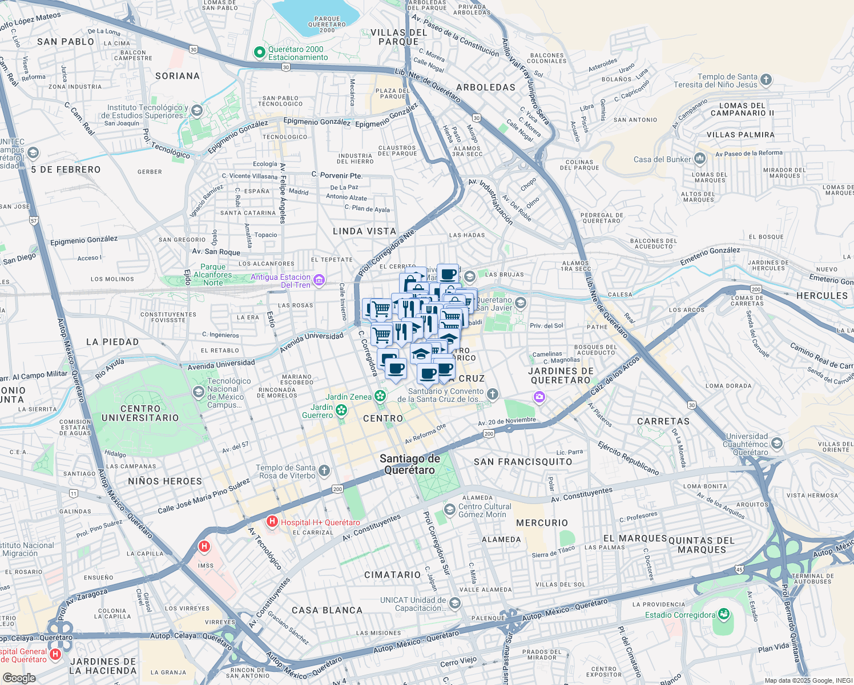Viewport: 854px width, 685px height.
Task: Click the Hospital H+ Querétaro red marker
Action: tap(272, 522)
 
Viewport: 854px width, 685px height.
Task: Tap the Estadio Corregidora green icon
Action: tap(724, 615)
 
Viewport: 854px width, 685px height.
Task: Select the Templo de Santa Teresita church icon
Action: tap(766, 80)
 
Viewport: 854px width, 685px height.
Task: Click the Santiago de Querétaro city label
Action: tap(410, 464)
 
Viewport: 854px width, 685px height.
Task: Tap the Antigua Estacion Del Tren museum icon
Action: tap(319, 280)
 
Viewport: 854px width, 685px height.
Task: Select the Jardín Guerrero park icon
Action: tap(341, 410)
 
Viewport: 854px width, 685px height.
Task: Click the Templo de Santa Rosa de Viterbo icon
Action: tap(324, 471)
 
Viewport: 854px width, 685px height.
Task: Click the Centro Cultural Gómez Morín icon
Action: tap(450, 509)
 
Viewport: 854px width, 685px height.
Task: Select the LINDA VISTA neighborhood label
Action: tap(364, 231)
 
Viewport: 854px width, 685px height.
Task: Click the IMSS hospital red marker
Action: tap(204, 547)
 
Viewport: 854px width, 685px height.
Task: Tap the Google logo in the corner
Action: tap(19, 678)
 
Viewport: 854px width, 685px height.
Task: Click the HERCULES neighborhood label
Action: tap(822, 296)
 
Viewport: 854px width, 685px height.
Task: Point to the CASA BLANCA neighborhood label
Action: tap(327, 610)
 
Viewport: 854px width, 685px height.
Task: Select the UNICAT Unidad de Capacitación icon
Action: tap(455, 603)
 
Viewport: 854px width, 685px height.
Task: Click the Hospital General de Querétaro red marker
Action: tap(55, 654)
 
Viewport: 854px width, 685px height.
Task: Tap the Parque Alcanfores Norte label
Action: tap(213, 275)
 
